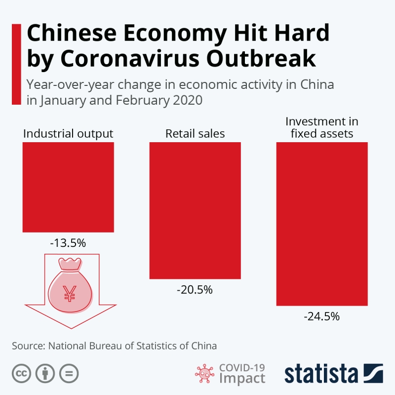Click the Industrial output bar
[68, 187]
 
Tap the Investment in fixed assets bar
[322, 224]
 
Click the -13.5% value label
[68, 243]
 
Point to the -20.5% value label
[195, 290]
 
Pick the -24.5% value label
[322, 316]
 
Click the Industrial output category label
[68, 134]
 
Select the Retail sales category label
[195, 134]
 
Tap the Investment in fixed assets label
[322, 127]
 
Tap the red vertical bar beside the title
[15, 64]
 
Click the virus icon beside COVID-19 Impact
[203, 373]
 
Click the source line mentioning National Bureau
[115, 346]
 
